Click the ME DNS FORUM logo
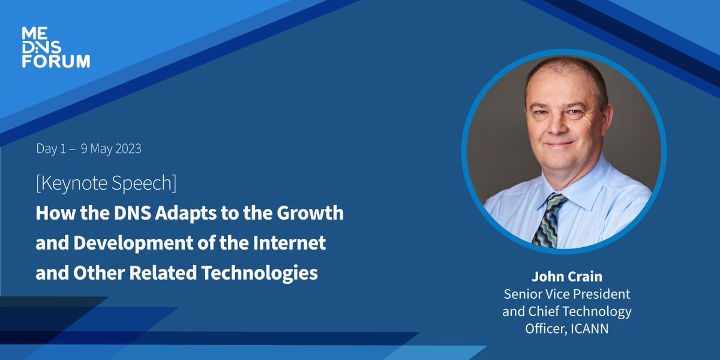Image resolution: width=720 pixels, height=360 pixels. click(x=56, y=47)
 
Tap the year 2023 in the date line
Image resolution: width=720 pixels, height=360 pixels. click(x=125, y=149)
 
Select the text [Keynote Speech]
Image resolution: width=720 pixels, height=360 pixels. click(x=106, y=183)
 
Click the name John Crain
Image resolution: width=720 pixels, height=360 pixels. click(x=566, y=277)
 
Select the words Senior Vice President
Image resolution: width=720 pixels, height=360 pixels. click(x=566, y=294)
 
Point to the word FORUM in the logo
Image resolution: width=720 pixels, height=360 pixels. click(x=56, y=61)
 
